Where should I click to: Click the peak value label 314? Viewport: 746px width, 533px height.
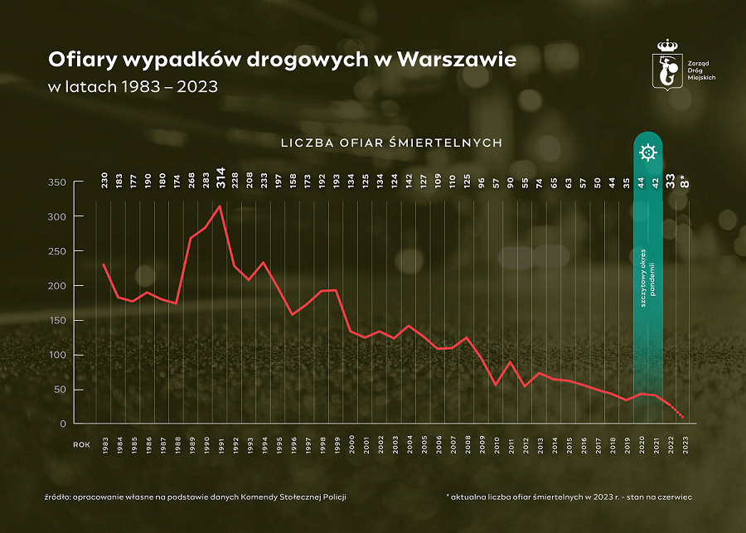[221, 177]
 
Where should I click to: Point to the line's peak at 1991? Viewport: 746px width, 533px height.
[220, 206]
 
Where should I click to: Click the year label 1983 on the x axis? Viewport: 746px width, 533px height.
[104, 444]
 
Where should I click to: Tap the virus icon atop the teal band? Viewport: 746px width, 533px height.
[648, 153]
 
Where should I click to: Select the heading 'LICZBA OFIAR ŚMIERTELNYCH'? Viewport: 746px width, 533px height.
[391, 143]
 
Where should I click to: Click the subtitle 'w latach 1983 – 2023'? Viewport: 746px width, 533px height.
[133, 86]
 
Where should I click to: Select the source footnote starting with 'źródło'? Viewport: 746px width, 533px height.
[195, 496]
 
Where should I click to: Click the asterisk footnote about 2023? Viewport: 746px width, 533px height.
[569, 496]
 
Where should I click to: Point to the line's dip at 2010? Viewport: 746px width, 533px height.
[496, 385]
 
